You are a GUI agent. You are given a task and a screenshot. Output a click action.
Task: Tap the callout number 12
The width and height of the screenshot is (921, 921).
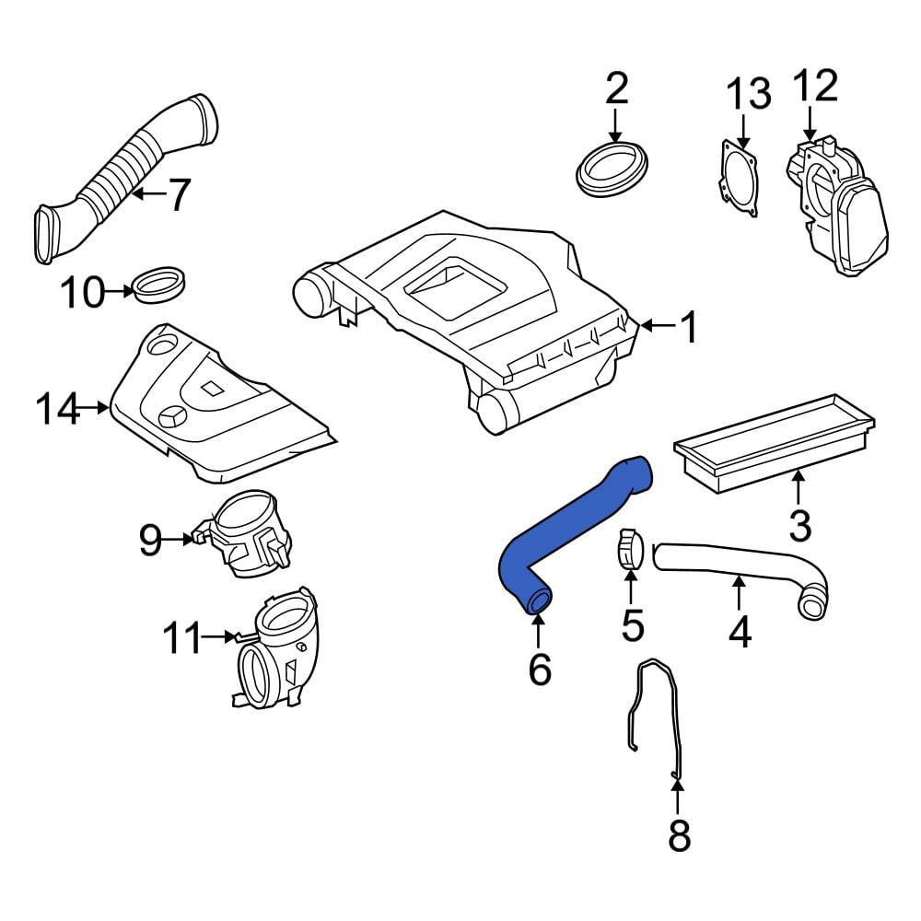pos(816,86)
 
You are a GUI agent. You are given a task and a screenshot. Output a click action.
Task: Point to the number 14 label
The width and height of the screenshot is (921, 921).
pos(57,409)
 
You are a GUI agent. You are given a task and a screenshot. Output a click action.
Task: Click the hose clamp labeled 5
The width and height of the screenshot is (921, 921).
pos(630,549)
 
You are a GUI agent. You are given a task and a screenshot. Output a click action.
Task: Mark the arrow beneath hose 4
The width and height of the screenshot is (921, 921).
pos(739,593)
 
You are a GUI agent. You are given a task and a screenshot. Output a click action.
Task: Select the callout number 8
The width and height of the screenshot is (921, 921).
pos(679,835)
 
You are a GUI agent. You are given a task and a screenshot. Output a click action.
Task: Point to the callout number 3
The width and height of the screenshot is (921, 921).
pos(800,526)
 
